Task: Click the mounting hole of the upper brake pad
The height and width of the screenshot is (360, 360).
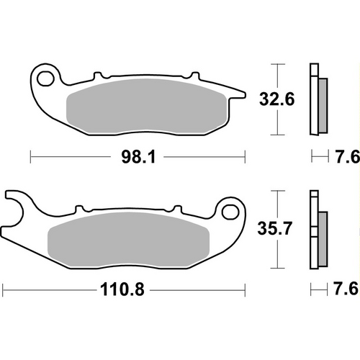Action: [x=46, y=77]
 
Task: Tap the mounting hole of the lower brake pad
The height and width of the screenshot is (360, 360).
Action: [x=230, y=211]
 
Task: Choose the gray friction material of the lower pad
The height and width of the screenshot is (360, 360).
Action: [x=130, y=237]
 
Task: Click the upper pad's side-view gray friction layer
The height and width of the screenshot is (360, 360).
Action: [x=321, y=104]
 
